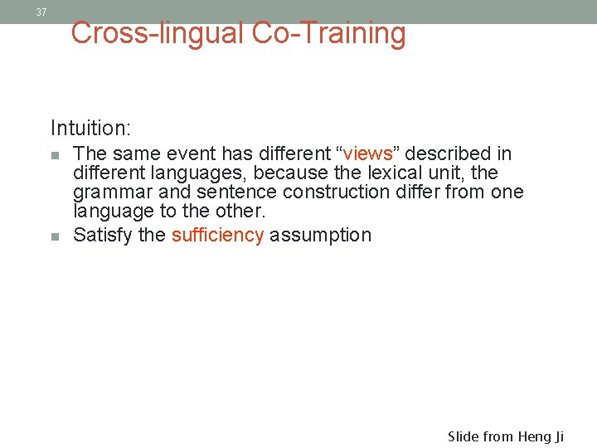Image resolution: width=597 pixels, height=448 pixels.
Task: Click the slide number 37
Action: point(41,12)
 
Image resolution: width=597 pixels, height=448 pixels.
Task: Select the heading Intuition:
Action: point(91,128)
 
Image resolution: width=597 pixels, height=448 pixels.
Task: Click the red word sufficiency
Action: point(217,235)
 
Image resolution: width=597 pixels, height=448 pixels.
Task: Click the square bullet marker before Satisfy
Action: point(55,236)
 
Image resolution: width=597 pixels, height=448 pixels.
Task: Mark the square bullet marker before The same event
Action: point(55,155)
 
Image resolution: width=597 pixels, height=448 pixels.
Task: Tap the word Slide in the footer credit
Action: point(464,436)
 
